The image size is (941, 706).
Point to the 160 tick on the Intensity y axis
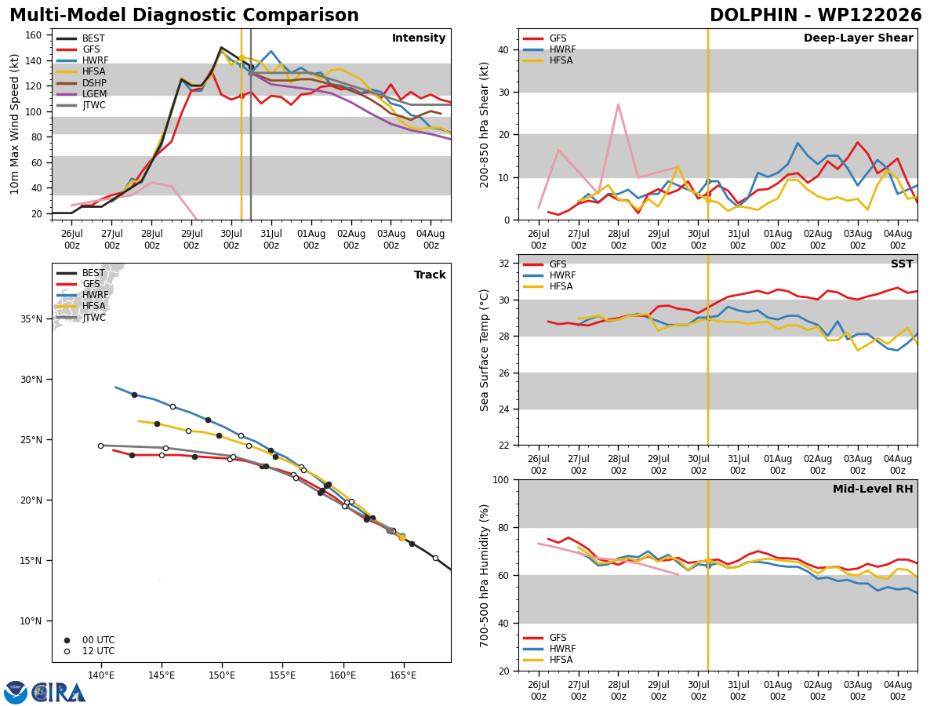33,35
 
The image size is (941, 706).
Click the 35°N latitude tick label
31,319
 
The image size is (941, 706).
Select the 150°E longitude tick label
222,675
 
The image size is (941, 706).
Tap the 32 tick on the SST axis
504,264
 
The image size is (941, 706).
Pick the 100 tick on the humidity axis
501,479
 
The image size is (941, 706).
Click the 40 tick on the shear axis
504,49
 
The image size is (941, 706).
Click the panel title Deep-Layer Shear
858,38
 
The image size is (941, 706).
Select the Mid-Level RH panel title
873,489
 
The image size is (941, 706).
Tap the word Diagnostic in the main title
184,16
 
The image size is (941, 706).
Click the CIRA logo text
59,693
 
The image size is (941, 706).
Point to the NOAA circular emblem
16,693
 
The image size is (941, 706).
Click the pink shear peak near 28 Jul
618,104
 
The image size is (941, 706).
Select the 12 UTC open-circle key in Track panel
67,651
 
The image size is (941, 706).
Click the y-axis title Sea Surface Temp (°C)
484,350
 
